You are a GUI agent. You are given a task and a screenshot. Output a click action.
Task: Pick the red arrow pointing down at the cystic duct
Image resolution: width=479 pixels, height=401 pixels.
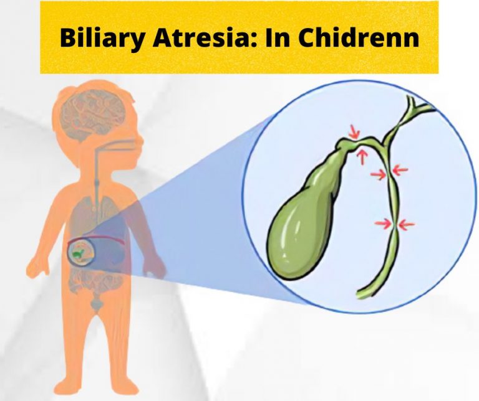[x=354, y=132]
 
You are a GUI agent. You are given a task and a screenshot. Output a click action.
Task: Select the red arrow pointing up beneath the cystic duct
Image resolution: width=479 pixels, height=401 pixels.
[x=360, y=156]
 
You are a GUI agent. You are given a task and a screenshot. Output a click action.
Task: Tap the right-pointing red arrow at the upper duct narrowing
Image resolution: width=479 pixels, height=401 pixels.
[x=378, y=175]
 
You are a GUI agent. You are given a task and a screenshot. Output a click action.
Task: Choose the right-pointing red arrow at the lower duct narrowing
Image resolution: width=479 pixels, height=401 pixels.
[x=382, y=222]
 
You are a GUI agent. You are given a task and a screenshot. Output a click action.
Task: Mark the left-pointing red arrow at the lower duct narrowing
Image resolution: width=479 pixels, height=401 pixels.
[x=406, y=223]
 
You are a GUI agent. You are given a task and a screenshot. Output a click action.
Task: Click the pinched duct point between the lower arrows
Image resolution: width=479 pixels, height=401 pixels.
[x=395, y=224]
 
